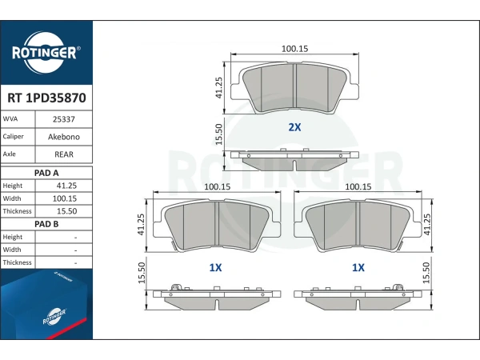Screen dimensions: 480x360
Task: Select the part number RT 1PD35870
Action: (46, 98)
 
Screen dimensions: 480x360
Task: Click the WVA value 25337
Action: (64, 119)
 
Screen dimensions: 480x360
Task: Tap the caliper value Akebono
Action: (64, 137)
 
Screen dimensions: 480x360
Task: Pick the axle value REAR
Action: (64, 154)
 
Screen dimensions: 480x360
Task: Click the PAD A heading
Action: (46, 173)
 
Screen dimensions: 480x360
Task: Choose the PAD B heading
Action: (46, 224)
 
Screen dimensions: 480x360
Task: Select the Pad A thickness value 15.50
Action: (66, 211)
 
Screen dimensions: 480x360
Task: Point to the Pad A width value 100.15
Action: (65, 198)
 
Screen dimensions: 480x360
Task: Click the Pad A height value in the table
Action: (66, 186)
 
